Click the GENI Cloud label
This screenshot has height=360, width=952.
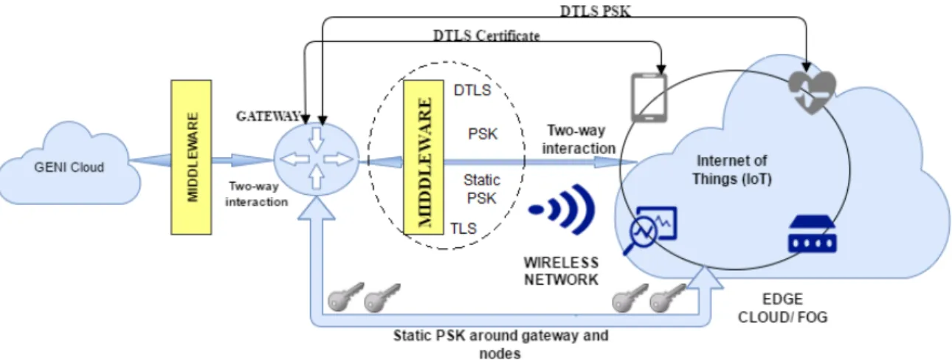point(69,167)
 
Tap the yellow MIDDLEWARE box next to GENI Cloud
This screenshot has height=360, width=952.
point(191,157)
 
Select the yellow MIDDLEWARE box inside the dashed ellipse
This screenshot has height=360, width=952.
point(424,157)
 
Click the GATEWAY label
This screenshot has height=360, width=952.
point(269,116)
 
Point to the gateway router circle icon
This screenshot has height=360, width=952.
point(316,159)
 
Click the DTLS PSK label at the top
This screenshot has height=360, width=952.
point(595,10)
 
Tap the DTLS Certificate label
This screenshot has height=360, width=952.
point(486,35)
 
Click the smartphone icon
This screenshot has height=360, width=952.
point(649,98)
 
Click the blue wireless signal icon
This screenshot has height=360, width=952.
point(562,209)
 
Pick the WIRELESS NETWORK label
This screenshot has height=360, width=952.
point(561,271)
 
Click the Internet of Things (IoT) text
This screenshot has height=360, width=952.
point(732,170)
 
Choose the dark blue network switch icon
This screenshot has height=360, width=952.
point(813,234)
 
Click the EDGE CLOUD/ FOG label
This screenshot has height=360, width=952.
point(783,308)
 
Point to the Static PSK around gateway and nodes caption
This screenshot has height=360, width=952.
point(500,345)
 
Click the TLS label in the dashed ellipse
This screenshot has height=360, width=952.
point(463,229)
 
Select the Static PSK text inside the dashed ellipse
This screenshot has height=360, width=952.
point(481,189)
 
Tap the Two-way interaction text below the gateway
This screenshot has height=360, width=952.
point(256,194)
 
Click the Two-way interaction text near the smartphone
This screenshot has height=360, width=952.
point(579,139)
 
